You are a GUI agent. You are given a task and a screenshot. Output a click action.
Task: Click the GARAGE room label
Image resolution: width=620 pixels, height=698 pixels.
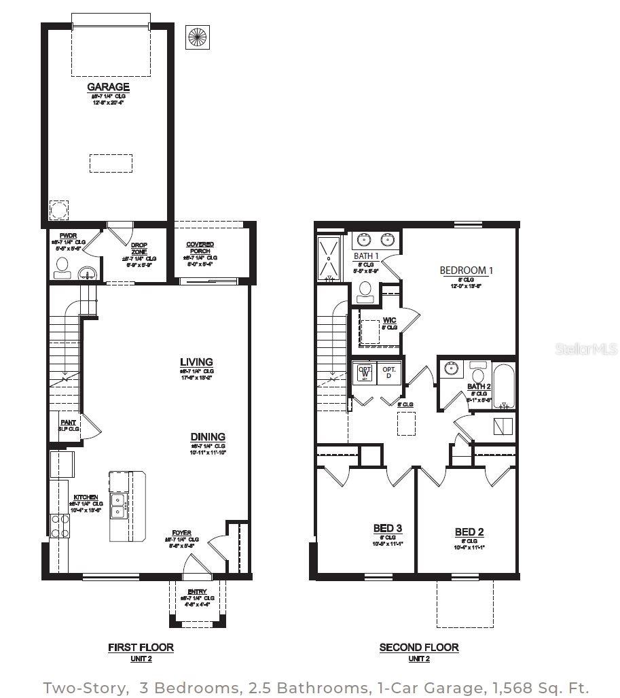pyautogui.click(x=109, y=87)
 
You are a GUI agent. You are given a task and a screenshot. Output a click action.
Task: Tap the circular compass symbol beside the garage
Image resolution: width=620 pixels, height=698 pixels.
pyautogui.click(x=198, y=37)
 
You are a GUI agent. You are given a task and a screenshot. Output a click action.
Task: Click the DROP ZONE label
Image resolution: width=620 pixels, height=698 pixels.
pyautogui.click(x=139, y=248)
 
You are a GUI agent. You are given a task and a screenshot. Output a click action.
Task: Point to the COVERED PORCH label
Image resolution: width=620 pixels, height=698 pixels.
pyautogui.click(x=200, y=247)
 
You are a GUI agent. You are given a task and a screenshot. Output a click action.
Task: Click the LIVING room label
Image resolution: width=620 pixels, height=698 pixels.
pyautogui.click(x=196, y=362)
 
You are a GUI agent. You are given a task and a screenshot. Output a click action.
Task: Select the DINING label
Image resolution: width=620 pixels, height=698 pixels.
pyautogui.click(x=208, y=437)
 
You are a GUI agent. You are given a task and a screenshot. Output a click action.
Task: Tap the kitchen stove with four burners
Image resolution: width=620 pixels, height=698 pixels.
pyautogui.click(x=60, y=525)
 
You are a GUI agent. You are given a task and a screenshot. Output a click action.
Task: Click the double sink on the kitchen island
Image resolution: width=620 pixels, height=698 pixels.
pyautogui.click(x=117, y=506)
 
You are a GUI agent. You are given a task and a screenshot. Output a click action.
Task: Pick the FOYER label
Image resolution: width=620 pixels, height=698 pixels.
pyautogui.click(x=181, y=534)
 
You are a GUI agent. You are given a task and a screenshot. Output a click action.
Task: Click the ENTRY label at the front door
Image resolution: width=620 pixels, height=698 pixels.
pyautogui.click(x=197, y=591)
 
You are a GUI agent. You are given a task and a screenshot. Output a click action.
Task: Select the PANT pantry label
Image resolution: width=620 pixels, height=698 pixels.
pyautogui.click(x=69, y=422)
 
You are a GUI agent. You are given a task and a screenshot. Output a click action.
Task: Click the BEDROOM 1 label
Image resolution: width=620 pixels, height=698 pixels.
pyautogui.click(x=466, y=271)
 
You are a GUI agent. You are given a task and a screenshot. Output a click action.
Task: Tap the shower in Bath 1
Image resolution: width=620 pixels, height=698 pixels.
pyautogui.click(x=329, y=258)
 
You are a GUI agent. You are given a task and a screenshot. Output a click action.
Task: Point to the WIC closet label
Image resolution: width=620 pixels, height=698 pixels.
pyautogui.click(x=389, y=319)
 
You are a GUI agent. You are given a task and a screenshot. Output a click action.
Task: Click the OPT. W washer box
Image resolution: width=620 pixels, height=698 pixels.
pyautogui.click(x=365, y=373)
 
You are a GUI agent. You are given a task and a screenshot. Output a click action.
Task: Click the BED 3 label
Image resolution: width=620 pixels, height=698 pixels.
pyautogui.click(x=387, y=528)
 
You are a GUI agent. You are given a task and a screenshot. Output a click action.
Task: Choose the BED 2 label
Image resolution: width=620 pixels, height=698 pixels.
pyautogui.click(x=469, y=531)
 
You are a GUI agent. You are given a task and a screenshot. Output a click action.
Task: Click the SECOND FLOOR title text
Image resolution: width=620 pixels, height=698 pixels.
pyautogui.click(x=418, y=648)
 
